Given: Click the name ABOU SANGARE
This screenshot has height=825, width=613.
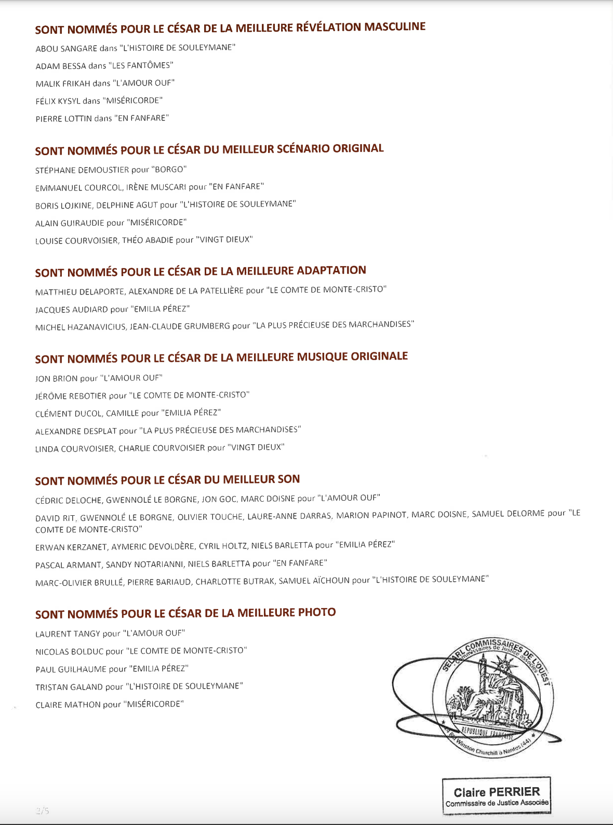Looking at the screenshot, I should tap(66, 48).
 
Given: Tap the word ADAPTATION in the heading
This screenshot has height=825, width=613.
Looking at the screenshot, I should tap(331, 270).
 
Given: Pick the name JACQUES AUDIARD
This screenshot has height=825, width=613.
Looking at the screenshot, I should tap(72, 310).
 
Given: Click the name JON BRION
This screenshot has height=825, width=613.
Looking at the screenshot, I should tap(57, 378).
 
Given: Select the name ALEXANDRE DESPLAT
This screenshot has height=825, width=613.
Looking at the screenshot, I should tap(76, 431).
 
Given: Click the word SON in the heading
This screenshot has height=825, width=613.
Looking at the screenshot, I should tap(288, 479).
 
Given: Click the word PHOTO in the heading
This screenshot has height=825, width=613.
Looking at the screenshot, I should tap(317, 612).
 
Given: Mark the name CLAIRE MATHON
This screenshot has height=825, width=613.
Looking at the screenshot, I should tap(68, 705).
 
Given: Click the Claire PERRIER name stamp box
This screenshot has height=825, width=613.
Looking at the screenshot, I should tap(496, 796).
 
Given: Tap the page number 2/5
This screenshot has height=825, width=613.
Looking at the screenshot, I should tap(43, 810).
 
